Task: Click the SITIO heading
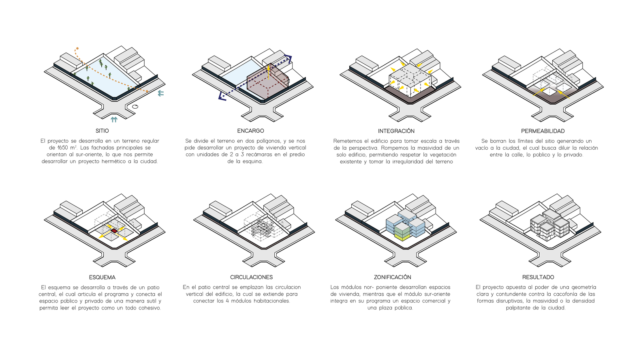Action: point(102,131)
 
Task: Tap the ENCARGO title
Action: point(251,131)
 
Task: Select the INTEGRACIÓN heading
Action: point(396,131)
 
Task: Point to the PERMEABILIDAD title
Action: point(543,131)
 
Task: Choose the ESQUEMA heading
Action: point(102,277)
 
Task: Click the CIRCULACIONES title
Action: point(252,277)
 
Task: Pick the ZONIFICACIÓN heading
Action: point(393,277)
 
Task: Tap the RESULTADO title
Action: point(538,277)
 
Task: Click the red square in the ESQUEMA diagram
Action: point(114,231)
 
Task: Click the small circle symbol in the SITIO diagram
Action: point(135,107)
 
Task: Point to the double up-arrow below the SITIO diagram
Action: point(114,120)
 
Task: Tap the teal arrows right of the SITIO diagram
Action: point(161,93)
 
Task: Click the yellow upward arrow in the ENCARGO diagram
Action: point(268,72)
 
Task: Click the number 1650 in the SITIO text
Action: point(63,148)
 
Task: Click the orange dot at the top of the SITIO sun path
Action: point(77,49)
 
